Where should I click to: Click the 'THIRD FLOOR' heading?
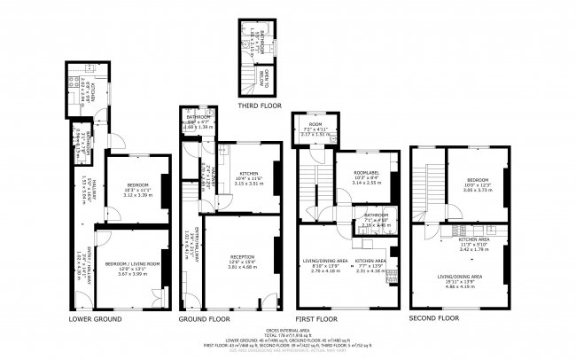[261, 105]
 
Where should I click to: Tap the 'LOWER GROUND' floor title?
[95, 317]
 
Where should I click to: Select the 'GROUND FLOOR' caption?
[205, 317]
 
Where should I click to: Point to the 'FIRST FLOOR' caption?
[315, 317]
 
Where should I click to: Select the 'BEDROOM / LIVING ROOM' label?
[132, 264]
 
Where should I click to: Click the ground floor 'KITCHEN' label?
[243, 173]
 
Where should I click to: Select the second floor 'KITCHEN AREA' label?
[474, 239]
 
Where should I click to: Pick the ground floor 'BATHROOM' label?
[198, 117]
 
